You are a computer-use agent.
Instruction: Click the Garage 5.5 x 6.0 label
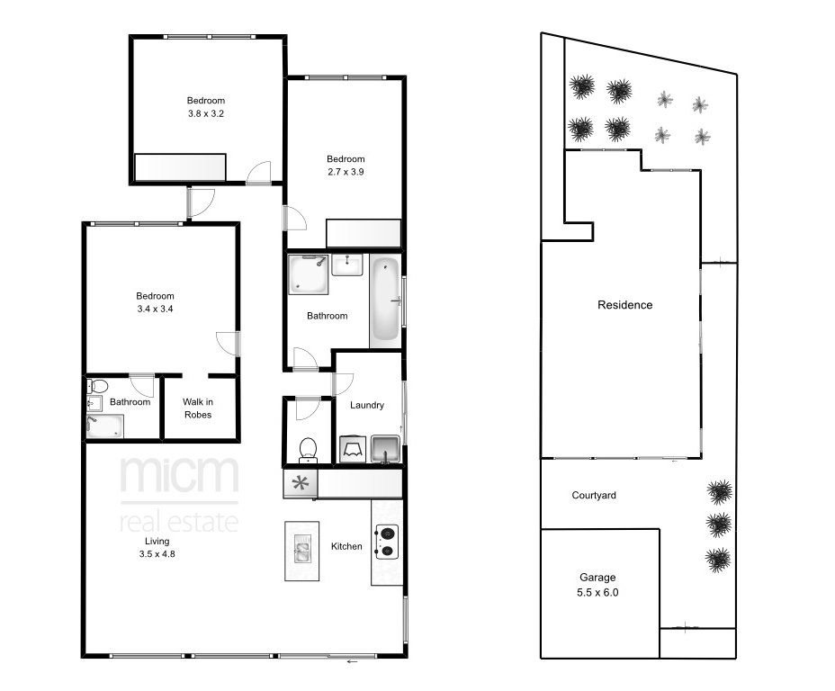597,585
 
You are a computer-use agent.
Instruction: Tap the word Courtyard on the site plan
594,495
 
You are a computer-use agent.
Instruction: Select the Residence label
624,305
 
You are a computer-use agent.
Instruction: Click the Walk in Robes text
198,408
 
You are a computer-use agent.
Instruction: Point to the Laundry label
367,405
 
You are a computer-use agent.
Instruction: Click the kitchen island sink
302,550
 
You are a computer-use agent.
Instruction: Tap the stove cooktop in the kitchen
387,543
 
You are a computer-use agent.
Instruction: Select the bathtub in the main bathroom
385,299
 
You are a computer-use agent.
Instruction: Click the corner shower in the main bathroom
309,274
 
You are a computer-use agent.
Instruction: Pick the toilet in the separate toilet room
308,450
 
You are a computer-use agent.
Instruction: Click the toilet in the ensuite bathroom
97,386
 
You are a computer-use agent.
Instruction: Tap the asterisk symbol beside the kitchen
301,484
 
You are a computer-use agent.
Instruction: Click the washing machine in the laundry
353,449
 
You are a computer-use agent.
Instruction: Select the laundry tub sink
385,449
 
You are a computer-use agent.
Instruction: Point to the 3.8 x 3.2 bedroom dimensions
206,113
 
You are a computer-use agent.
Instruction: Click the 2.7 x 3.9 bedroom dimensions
346,172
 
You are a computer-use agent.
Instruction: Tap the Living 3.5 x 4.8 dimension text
157,548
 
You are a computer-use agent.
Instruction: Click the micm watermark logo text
179,475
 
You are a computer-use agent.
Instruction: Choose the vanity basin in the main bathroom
347,265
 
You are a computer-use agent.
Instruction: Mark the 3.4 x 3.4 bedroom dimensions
155,309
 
